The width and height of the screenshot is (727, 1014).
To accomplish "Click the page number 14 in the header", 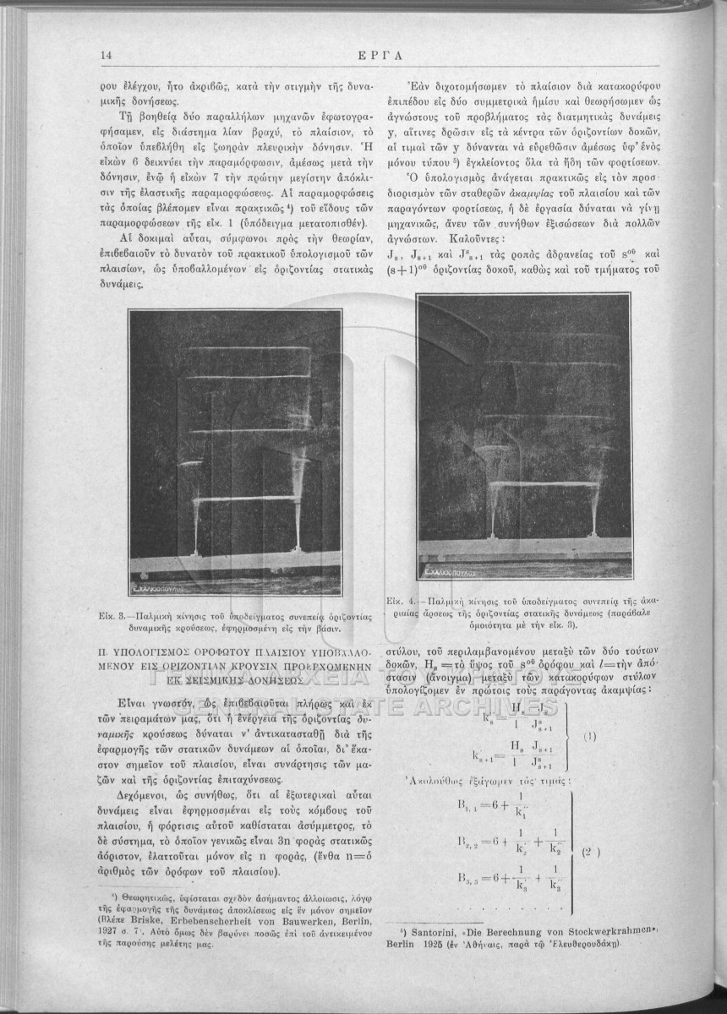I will pos(107,56).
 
